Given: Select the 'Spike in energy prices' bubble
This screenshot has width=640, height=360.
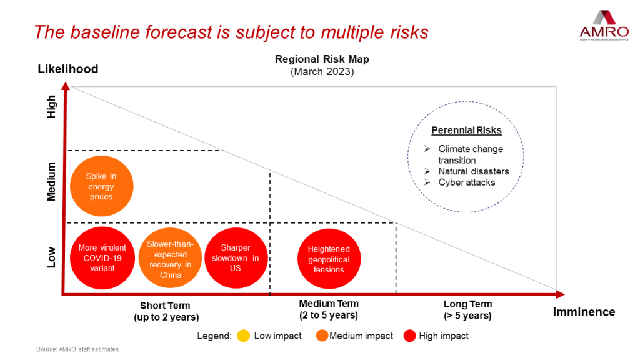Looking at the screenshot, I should [101, 187].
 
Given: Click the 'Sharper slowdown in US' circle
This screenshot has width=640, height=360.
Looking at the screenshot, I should [235, 258].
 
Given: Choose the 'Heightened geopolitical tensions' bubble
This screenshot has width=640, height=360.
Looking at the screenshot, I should [329, 259].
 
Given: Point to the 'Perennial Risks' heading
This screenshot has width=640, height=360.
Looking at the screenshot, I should [467, 131].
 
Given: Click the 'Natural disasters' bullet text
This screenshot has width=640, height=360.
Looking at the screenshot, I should [473, 171].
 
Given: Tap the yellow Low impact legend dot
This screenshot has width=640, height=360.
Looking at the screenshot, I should [244, 336].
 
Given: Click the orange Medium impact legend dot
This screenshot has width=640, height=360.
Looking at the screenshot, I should [322, 336].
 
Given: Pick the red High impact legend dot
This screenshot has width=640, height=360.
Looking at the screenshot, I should [410, 336].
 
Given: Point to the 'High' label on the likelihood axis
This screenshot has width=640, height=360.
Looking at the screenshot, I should [51, 106].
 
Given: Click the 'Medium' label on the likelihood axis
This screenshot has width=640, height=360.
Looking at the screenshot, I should [51, 181].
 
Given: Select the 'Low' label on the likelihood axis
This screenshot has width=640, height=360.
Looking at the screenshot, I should [51, 257].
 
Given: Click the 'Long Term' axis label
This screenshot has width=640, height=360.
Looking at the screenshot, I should [467, 304].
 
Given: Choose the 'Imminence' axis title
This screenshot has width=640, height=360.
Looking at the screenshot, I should [584, 312].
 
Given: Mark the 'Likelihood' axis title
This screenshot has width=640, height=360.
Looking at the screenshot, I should [68, 69].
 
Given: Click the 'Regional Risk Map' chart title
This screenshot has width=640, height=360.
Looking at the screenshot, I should [322, 59].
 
